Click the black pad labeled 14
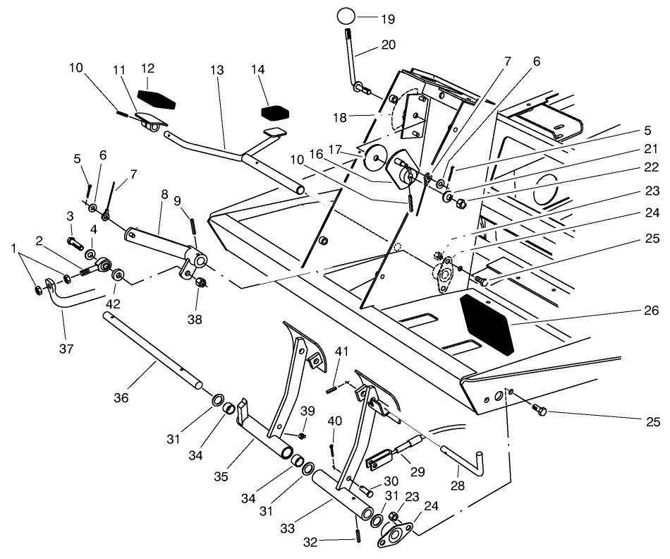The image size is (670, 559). (x=276, y=112)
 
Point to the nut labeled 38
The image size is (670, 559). (x=199, y=283)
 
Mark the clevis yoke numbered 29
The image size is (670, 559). (x=382, y=459)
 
